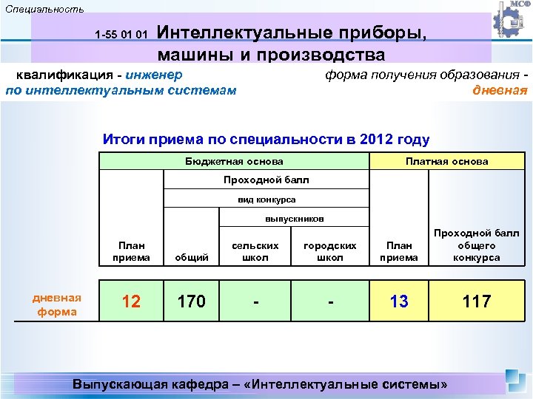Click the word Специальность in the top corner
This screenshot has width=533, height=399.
(x=44, y=9)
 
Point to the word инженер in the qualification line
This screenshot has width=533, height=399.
(x=154, y=74)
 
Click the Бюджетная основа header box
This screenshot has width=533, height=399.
(x=233, y=161)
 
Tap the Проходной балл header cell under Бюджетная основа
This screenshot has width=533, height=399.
(x=266, y=180)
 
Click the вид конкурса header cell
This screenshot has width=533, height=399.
(x=266, y=199)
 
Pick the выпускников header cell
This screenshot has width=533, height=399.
(x=294, y=219)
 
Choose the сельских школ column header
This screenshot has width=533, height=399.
(x=255, y=251)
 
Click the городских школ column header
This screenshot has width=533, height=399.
(x=330, y=251)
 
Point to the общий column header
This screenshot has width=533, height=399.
(x=190, y=257)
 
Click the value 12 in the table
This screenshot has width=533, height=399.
(x=131, y=301)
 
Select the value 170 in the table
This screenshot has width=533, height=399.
(x=190, y=301)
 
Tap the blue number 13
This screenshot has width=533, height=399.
(x=399, y=301)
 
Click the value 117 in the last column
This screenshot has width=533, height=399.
(x=476, y=301)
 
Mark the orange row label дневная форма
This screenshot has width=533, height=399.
(x=57, y=304)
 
